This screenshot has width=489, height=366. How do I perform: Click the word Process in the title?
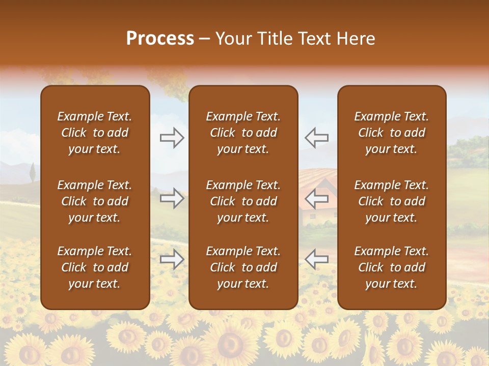[160, 39]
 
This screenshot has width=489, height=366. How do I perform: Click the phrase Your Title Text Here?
[295, 39]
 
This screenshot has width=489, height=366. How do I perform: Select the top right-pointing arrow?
[172, 138]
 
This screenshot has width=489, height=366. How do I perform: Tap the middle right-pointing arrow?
[172, 198]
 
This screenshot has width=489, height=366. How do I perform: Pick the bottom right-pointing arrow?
[172, 260]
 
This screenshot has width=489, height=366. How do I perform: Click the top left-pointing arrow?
[316, 138]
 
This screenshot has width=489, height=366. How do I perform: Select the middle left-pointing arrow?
[316, 198]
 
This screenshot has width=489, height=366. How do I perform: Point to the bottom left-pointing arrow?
[316, 259]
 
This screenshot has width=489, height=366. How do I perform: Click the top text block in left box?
[95, 133]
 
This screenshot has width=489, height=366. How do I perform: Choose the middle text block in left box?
[95, 201]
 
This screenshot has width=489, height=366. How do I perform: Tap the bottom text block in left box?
[95, 267]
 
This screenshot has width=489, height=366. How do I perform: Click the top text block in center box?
[243, 133]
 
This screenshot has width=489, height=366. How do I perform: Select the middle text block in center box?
[243, 201]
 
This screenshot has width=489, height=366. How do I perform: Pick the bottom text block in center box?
[243, 267]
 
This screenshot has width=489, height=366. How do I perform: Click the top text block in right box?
[391, 133]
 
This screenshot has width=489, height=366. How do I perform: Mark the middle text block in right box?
[391, 201]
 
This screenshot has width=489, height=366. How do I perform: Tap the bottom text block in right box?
[391, 267]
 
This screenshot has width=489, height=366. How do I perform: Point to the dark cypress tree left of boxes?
[32, 172]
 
